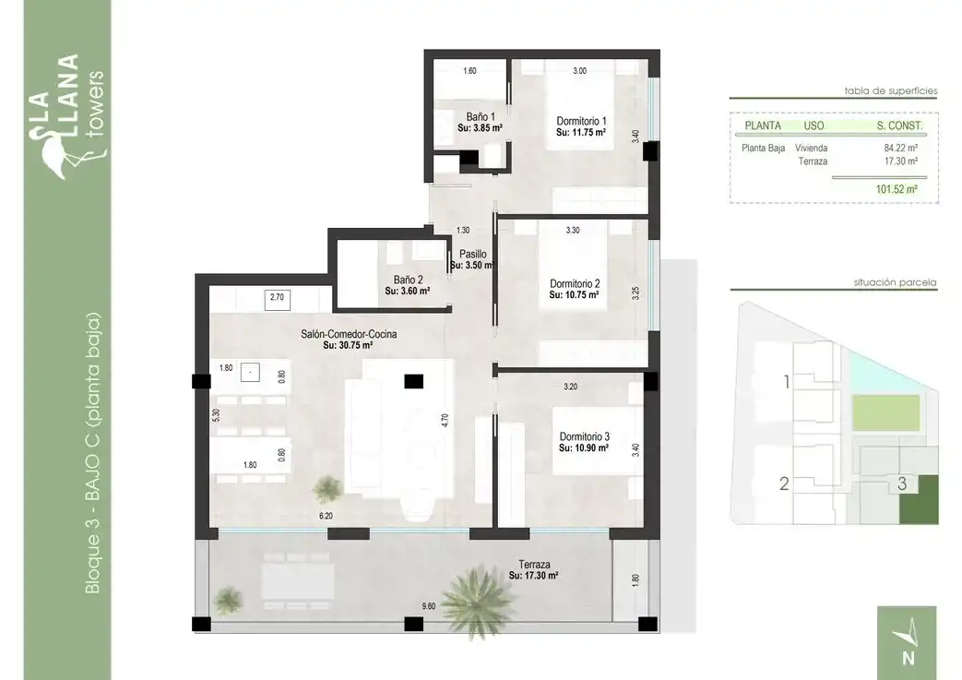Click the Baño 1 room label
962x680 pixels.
tap(481, 116)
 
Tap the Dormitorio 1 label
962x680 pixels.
tap(581, 121)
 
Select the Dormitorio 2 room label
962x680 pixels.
tap(575, 283)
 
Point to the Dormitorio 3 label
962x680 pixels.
tap(584, 436)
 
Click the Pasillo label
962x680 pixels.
tap(473, 254)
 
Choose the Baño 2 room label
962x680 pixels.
tap(408, 280)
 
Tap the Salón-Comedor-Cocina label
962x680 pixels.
tap(349, 334)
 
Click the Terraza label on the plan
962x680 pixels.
tap(534, 564)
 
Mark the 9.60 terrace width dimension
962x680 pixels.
tap(428, 606)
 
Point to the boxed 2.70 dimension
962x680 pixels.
tap(278, 297)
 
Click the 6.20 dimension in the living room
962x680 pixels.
tap(326, 516)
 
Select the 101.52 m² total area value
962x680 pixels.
tap(897, 189)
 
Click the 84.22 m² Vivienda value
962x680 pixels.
tap(900, 148)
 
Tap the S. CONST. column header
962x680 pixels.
tap(899, 125)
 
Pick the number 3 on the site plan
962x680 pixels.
tap(902, 483)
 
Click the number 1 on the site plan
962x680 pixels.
tap(787, 382)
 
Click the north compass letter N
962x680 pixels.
tap(909, 658)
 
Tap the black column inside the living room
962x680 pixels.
tap(413, 381)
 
